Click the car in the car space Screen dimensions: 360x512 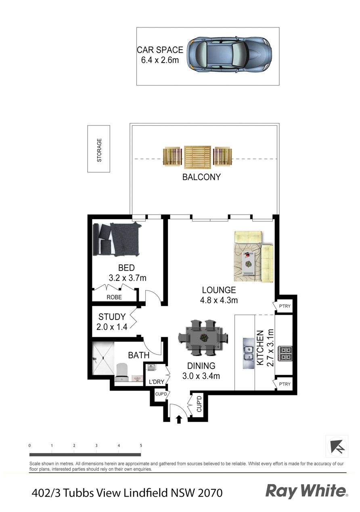(x=229, y=55)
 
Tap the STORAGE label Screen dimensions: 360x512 (x=99, y=150)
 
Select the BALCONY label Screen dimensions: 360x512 (x=201, y=177)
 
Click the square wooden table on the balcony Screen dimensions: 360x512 (x=198, y=156)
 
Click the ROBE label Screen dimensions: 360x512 (x=114, y=297)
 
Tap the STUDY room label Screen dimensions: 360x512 (x=112, y=317)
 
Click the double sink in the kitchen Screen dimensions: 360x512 (x=248, y=353)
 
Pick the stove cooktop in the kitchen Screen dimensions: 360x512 (x=285, y=353)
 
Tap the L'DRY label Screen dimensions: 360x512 (x=156, y=382)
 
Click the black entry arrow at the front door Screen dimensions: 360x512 (x=179, y=420)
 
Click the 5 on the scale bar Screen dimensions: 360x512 (x=141, y=445)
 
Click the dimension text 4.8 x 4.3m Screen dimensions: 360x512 (x=219, y=300)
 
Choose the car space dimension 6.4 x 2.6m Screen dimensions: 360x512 (x=160, y=60)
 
